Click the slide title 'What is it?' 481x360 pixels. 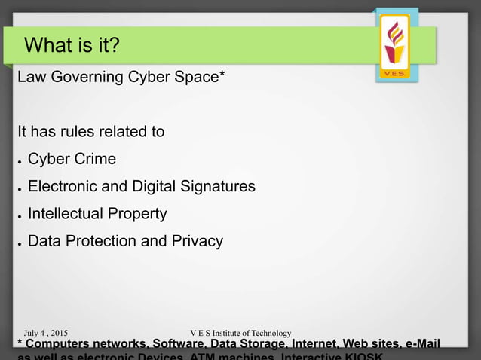point(72,46)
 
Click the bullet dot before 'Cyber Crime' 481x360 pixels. point(20,160)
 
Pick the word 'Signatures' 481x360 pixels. point(219,187)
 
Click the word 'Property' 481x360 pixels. point(138,215)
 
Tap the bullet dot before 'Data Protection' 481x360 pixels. point(20,243)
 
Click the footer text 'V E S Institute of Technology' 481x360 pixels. point(241,333)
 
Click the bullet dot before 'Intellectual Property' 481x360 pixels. point(20,215)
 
